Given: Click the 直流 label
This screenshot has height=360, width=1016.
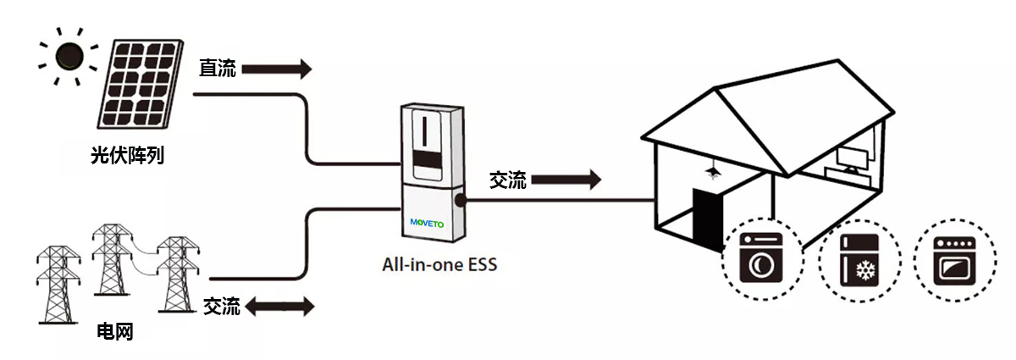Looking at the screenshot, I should pyautogui.click(x=218, y=69).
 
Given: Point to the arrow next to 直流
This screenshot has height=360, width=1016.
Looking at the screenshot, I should pyautogui.click(x=276, y=69).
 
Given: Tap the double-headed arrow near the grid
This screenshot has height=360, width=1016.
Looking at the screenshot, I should pyautogui.click(x=278, y=306).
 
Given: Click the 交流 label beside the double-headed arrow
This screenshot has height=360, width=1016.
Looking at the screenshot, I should pyautogui.click(x=222, y=307).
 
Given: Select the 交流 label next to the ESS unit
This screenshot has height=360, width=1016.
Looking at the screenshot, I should pyautogui.click(x=508, y=180).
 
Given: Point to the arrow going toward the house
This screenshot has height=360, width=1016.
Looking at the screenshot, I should pyautogui.click(x=566, y=180).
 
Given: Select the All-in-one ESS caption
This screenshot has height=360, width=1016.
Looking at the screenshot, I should pyautogui.click(x=439, y=264).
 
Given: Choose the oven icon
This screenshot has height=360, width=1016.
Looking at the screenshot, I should pyautogui.click(x=955, y=259).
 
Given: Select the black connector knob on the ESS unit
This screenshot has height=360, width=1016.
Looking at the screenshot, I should pyautogui.click(x=460, y=202).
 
